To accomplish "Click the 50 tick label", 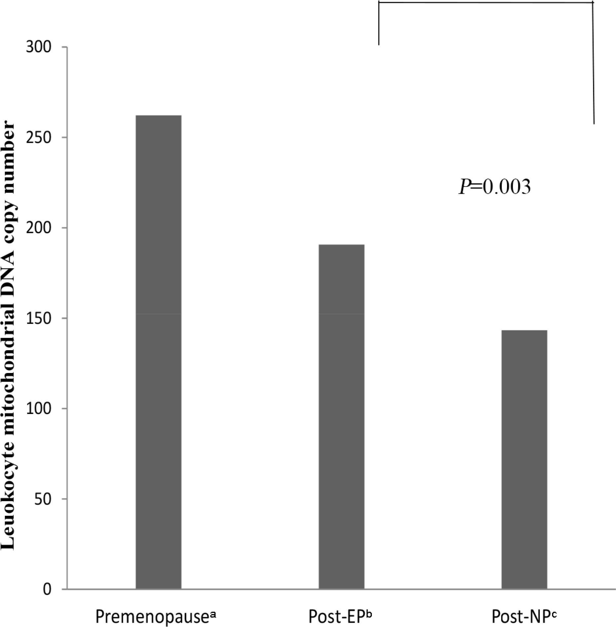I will [46, 499].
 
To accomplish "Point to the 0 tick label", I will [49, 589].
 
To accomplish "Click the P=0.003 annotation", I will [494, 187].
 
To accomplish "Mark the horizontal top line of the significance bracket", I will [486, 3].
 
